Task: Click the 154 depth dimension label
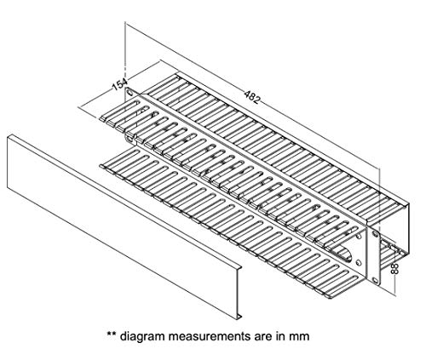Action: [x=120, y=83]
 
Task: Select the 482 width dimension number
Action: [x=252, y=97]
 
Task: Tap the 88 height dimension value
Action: [x=394, y=268]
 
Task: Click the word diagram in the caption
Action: [x=142, y=336]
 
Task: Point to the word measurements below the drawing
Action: [x=210, y=336]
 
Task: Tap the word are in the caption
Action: [x=262, y=337]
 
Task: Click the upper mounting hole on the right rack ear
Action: [x=375, y=234]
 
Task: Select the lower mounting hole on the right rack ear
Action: [x=376, y=280]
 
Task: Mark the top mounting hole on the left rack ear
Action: [x=130, y=93]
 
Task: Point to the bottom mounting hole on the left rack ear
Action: [x=130, y=139]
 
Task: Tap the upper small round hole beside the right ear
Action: [x=359, y=235]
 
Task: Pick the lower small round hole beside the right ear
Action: [x=359, y=262]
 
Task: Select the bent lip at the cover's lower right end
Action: [x=239, y=316]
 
